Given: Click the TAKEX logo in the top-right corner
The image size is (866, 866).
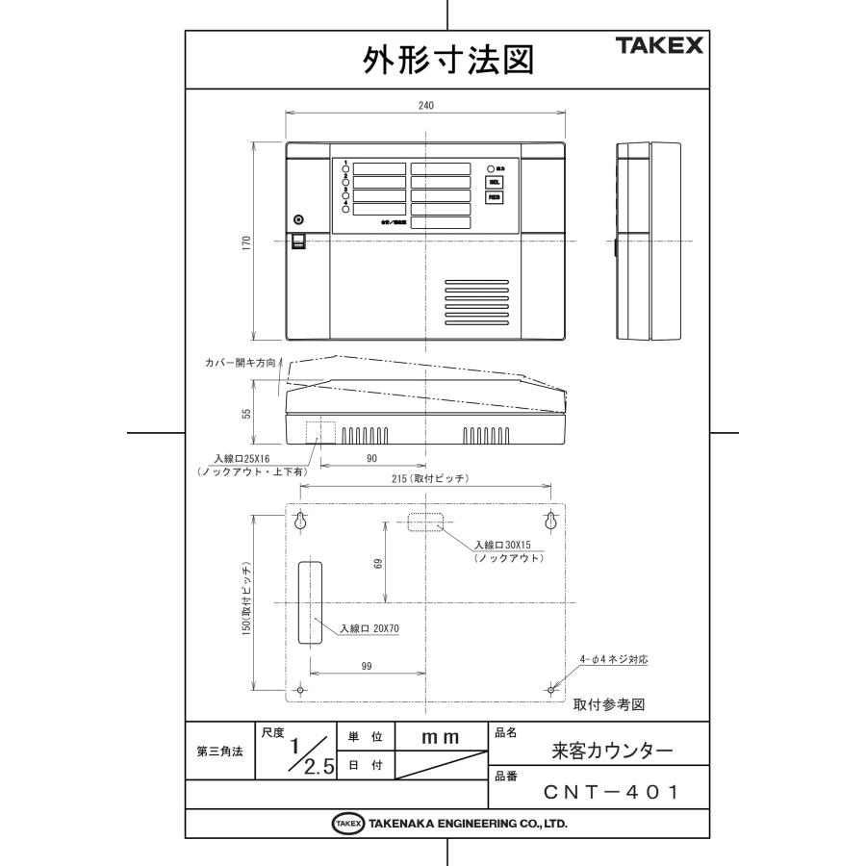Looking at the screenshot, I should (659, 45).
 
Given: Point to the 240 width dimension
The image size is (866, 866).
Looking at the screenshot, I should (425, 105).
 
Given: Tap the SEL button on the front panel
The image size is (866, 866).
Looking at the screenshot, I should (494, 181).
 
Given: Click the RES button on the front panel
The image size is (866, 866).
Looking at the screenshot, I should (494, 197).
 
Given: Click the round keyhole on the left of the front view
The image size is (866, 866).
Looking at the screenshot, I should (298, 219).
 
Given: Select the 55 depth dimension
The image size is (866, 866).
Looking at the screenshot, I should (245, 413).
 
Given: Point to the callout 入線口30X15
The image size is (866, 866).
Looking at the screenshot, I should (504, 545).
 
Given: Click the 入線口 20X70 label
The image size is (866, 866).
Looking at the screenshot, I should (369, 628).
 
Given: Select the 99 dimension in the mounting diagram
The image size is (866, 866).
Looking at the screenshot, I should (367, 666).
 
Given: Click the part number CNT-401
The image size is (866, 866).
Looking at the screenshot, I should (611, 793).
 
